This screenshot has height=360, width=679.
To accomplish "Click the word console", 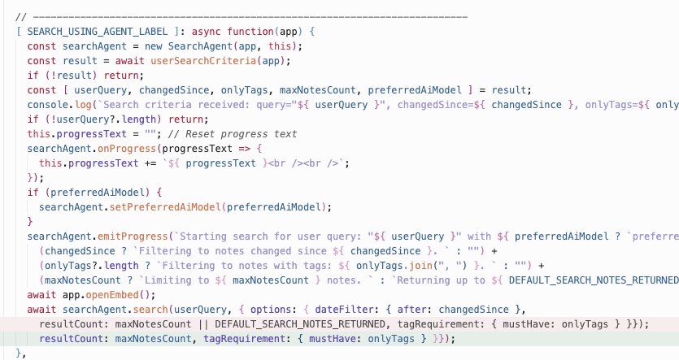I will pyautogui.click(x=50, y=104).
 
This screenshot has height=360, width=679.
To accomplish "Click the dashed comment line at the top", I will pyautogui.click(x=244, y=16).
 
